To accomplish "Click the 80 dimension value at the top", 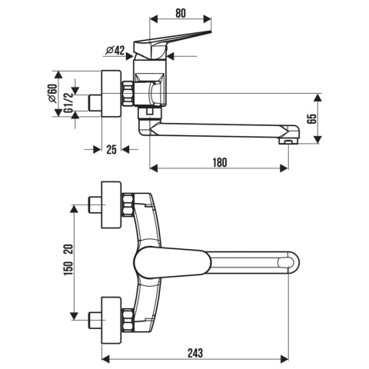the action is point(181,13).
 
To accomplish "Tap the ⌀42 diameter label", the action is point(115,51).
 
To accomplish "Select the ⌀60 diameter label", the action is point(52,93).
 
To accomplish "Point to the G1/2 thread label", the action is point(68,103).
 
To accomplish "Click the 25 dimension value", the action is point(111,149).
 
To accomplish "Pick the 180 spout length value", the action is point(220,163).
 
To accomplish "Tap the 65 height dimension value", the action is point(312,119).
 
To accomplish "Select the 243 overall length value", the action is point(195,353).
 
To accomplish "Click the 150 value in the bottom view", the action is point(68,268).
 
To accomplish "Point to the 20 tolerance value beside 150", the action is point(68,249).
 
